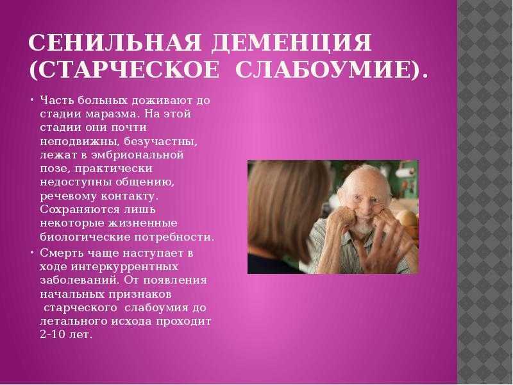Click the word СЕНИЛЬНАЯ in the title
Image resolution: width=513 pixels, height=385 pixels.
(115, 42)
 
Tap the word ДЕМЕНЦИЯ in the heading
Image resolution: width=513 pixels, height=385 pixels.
(292, 42)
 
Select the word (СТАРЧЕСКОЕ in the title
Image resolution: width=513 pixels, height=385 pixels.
(124, 69)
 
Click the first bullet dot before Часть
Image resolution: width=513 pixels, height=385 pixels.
(33, 99)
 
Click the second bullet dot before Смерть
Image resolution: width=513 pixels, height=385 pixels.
(33, 252)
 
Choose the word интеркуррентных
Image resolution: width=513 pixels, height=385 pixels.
(124, 267)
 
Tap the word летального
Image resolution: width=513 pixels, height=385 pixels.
(73, 321)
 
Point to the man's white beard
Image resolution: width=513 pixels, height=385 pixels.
(363, 226)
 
